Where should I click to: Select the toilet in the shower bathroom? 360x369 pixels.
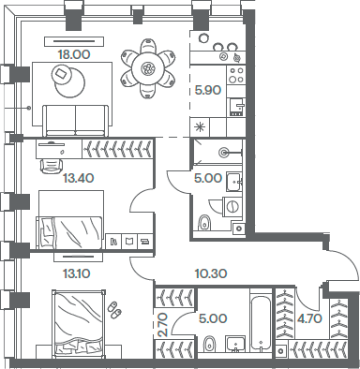[x=204, y=221]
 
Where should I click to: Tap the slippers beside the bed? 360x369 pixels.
[x=114, y=308]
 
